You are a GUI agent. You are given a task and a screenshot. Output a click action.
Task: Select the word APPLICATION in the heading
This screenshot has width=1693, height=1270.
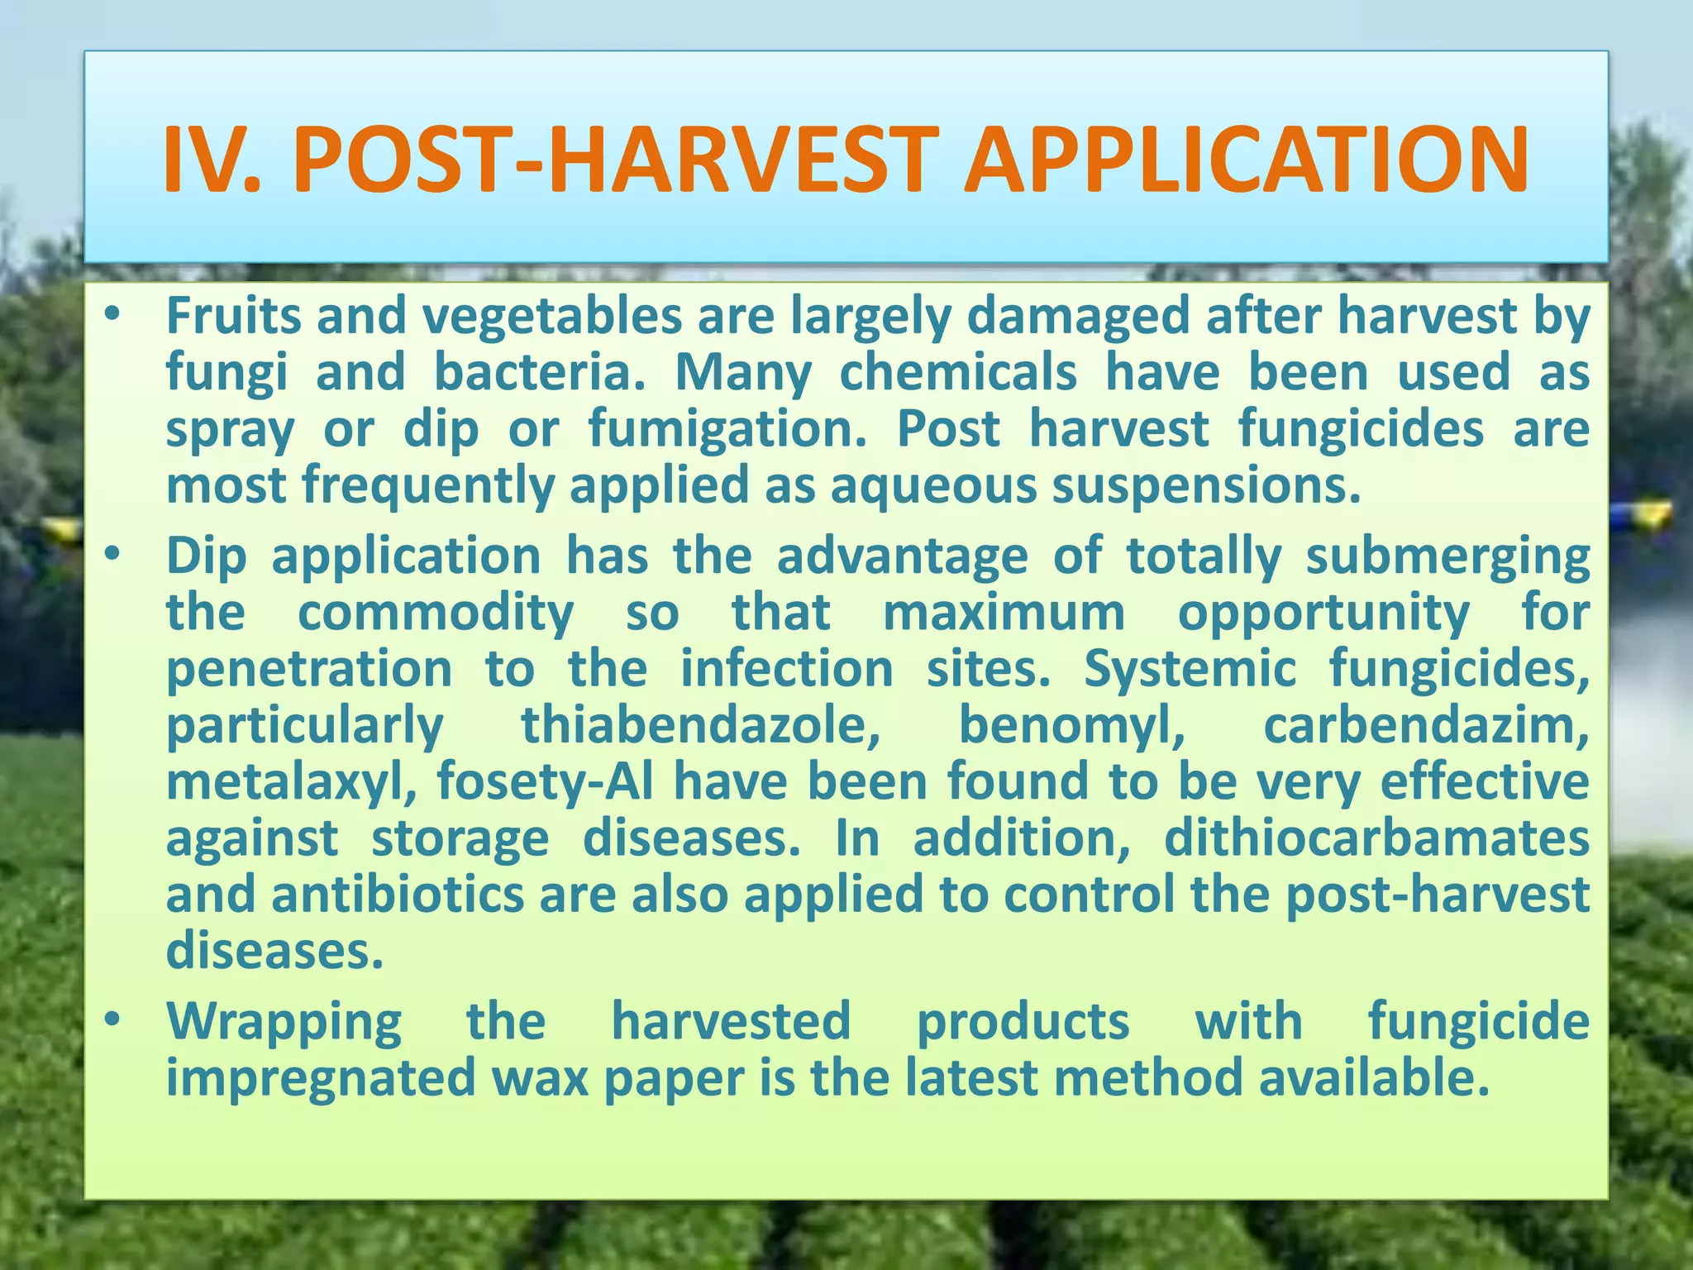1245,160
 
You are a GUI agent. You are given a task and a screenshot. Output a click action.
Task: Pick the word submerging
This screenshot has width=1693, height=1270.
1447,557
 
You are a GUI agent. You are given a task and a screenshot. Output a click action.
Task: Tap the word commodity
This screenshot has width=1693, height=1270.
436,614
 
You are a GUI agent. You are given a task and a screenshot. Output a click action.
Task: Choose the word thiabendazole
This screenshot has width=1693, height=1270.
700,726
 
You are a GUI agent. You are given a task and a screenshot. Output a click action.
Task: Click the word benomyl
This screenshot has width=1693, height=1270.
1071,726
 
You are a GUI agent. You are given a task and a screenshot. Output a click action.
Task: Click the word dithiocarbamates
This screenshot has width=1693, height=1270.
1376,838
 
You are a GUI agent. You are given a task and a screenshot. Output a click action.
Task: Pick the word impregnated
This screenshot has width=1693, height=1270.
321,1079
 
